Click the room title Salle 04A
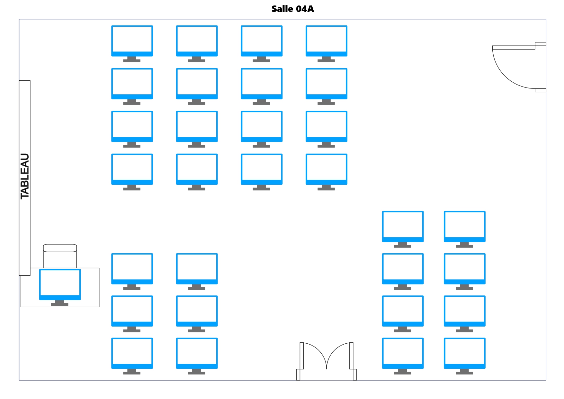click(x=292, y=9)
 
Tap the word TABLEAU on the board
click(x=25, y=176)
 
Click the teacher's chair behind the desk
click(x=60, y=255)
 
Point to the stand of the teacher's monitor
click(x=60, y=303)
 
